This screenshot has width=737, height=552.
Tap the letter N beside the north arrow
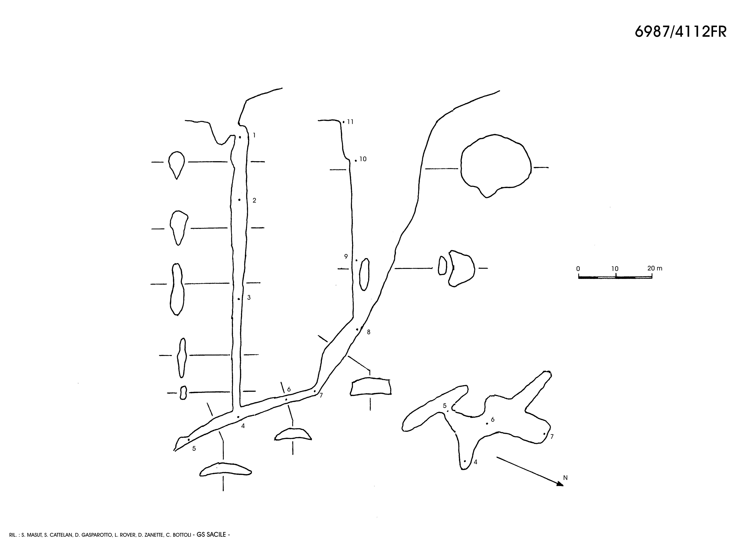click(x=565, y=478)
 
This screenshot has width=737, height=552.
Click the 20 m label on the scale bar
click(x=655, y=268)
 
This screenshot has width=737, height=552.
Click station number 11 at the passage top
click(x=350, y=122)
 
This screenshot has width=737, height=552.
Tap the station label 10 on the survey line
click(x=363, y=159)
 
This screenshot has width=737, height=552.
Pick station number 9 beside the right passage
click(x=346, y=257)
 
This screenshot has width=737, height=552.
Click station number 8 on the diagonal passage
click(x=368, y=332)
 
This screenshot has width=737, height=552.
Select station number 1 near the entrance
click(x=254, y=135)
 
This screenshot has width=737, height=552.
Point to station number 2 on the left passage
click(x=254, y=201)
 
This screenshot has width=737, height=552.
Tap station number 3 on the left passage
click(x=249, y=297)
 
